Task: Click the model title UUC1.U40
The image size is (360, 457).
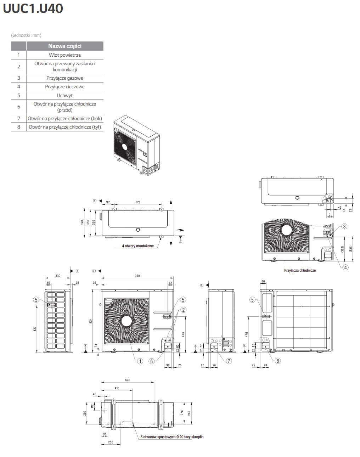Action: pyautogui.click(x=33, y=8)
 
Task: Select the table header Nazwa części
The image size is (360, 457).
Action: pyautogui.click(x=65, y=46)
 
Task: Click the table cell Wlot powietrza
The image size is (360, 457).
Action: pyautogui.click(x=65, y=55)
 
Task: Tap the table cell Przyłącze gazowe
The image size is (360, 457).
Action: pyautogui.click(x=65, y=78)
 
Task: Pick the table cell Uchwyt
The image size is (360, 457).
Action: pyautogui.click(x=65, y=95)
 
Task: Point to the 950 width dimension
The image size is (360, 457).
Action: pyautogui.click(x=137, y=276)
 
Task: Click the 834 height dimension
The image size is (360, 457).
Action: pyautogui.click(x=91, y=321)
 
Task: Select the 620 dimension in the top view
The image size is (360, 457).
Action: pyautogui.click(x=138, y=202)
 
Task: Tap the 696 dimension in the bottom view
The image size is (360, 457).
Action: pyautogui.click(x=128, y=380)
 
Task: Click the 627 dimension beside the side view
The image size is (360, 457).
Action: pyautogui.click(x=35, y=329)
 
